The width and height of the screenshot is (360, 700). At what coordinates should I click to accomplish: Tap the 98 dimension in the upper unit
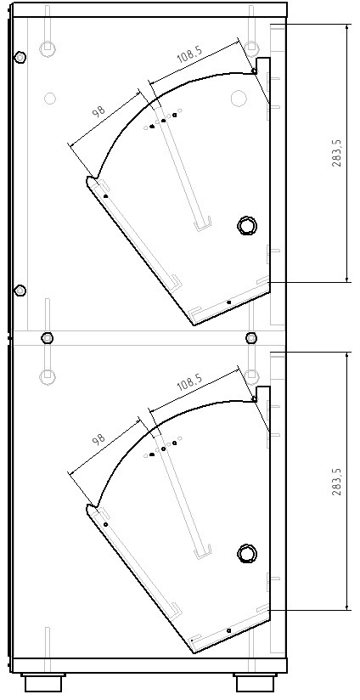pos(98,110)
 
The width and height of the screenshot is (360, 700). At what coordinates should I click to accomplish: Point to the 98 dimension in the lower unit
pos(98,438)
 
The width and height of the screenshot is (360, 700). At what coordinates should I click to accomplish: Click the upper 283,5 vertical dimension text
pos(337,153)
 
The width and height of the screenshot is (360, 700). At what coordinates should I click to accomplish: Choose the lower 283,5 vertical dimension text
pos(337,481)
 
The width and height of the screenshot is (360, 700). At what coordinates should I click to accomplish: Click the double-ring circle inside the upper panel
pos(247,225)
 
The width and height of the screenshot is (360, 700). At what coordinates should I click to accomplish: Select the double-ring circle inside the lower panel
pos(247,554)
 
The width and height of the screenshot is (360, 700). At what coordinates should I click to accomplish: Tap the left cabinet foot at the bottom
pos(43,683)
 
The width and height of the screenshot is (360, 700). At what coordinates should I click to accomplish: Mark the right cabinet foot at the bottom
pos(255,683)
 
